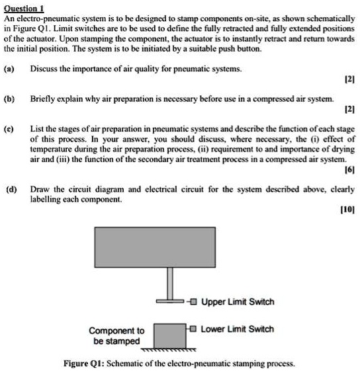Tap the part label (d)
click(x=10, y=188)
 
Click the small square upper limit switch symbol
click(x=193, y=302)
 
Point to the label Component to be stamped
click(x=116, y=336)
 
